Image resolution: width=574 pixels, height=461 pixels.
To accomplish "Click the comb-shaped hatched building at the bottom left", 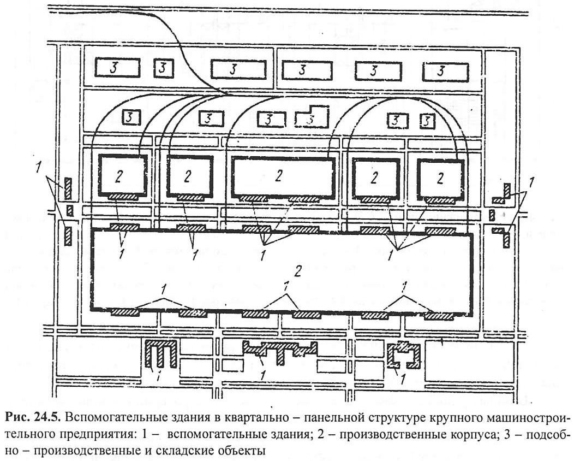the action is click(162, 353).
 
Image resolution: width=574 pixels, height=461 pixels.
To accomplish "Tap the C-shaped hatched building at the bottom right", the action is click(404, 354).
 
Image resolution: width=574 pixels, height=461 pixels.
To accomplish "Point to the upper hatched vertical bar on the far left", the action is click(68, 188).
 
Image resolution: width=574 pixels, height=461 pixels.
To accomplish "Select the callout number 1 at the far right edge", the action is click(531, 182).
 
